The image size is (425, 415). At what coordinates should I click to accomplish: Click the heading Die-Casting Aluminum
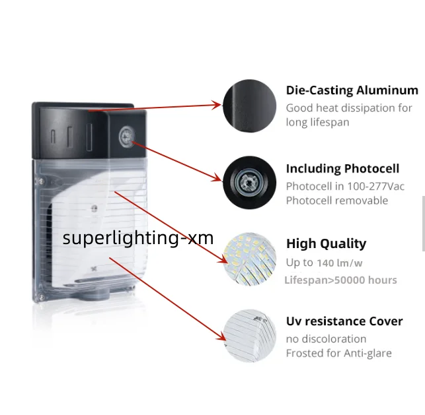(x=352, y=90)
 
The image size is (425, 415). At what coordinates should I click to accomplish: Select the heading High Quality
(x=326, y=243)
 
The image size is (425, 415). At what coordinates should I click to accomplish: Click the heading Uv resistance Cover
(x=344, y=321)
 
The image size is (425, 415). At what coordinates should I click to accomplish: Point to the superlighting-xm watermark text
(x=138, y=238)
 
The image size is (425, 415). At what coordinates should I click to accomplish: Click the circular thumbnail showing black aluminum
(x=249, y=105)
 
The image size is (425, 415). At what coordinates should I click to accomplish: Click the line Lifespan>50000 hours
(x=340, y=280)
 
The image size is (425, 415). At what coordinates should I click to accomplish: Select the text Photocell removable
(x=336, y=201)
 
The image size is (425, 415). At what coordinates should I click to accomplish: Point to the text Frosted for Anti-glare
(x=338, y=353)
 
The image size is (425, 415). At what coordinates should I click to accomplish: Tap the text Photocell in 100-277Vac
(x=345, y=186)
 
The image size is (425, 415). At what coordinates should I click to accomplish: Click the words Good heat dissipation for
(x=348, y=108)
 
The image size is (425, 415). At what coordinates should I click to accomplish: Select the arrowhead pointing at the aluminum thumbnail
(x=216, y=104)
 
